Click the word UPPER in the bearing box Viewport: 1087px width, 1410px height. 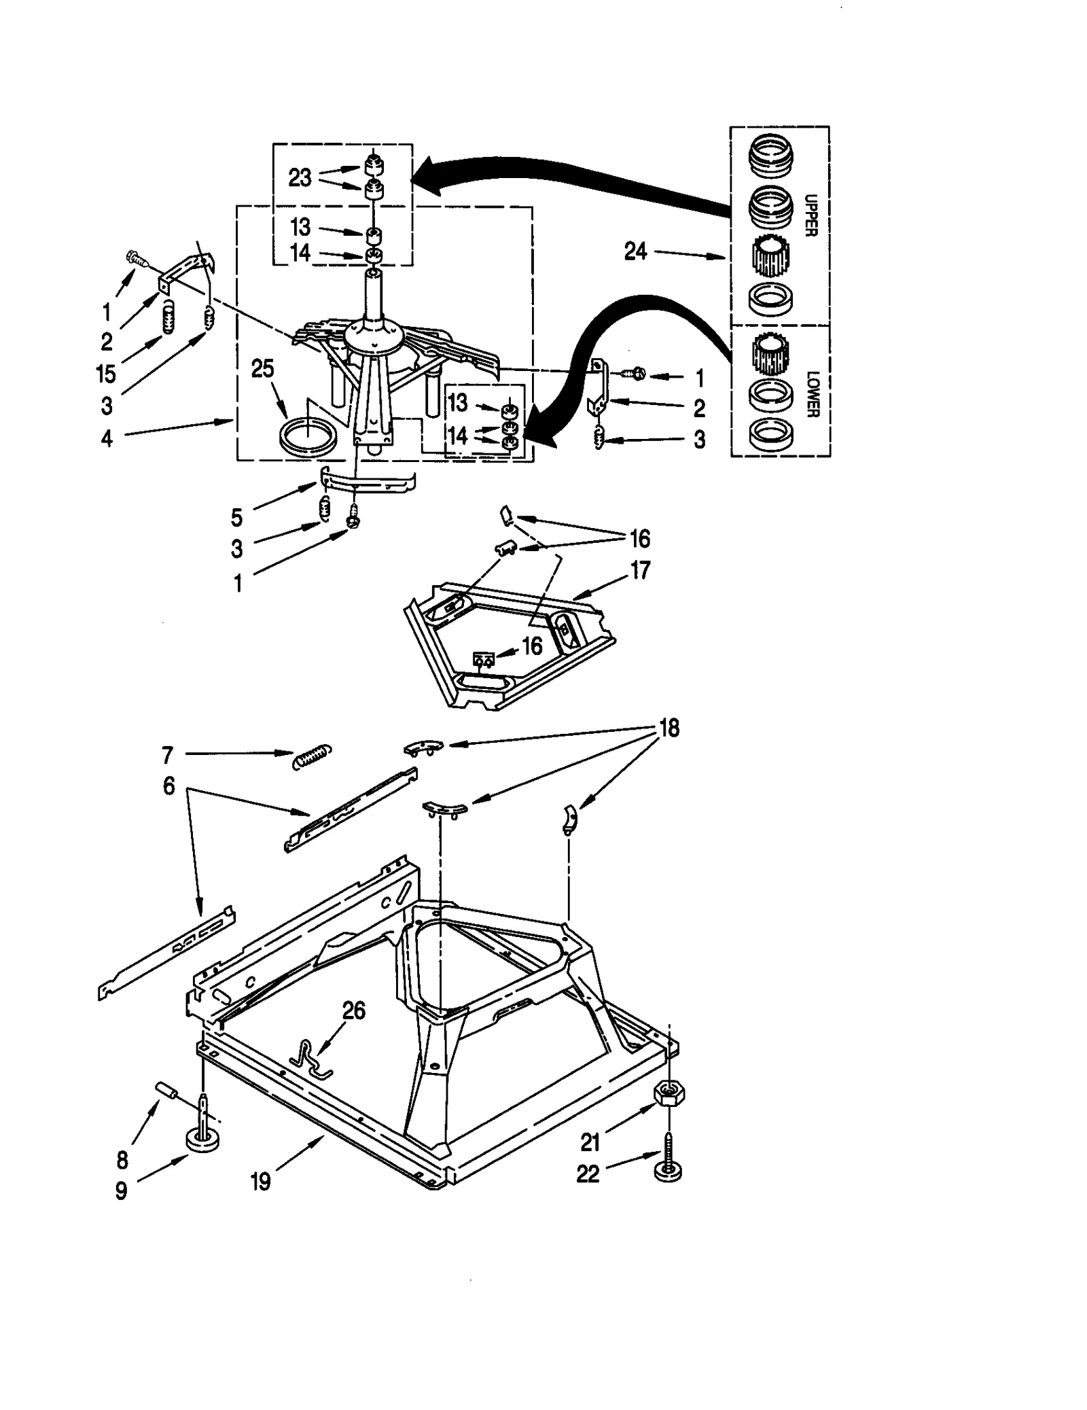coord(810,215)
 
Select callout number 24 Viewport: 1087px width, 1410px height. coord(635,252)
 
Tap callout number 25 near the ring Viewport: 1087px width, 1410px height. coord(262,369)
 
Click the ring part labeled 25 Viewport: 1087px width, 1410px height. coord(308,436)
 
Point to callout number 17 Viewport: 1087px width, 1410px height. coord(640,569)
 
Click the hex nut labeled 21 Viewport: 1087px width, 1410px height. coord(668,1094)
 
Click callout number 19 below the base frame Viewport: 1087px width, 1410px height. coord(261,1182)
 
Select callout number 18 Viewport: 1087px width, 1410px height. coord(669,728)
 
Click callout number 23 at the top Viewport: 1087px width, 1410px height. coord(300,178)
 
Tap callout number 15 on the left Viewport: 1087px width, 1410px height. coord(106,374)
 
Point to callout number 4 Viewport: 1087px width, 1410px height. coord(107,438)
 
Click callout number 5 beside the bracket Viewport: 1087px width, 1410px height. coord(236,518)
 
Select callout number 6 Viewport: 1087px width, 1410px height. coord(168,786)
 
